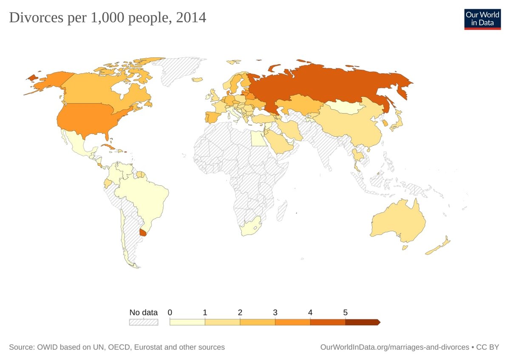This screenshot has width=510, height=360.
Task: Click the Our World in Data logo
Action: coord(482,19)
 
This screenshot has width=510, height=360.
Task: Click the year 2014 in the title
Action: coord(192,18)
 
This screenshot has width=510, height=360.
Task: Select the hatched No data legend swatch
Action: coord(143,322)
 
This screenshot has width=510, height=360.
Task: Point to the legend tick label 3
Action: coord(275,312)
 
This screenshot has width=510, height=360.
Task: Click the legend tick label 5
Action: coord(345,312)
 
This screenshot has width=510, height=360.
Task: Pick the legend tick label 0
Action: coord(170,312)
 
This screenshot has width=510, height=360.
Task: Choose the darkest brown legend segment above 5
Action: coord(362,322)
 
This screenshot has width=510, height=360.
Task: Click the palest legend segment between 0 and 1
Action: coord(187,322)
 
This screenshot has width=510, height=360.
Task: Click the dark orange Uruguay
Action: coord(143,232)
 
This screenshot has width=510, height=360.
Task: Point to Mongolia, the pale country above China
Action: coord(344,107)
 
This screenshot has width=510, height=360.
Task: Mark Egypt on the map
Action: coord(257,139)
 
